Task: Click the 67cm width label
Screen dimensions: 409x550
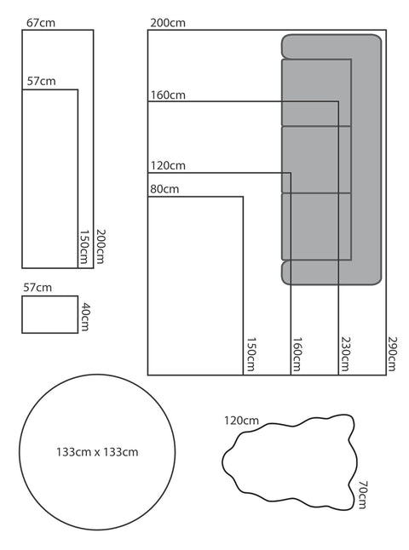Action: [x=41, y=23]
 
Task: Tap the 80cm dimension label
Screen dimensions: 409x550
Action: [x=164, y=189]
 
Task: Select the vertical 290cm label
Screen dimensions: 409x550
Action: [x=392, y=353]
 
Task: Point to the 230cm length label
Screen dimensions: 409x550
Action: [x=345, y=353]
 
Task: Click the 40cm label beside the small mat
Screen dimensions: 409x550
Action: [x=85, y=317]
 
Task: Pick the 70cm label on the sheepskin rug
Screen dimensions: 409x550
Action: [x=363, y=495]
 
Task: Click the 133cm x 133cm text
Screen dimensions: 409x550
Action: [x=97, y=452]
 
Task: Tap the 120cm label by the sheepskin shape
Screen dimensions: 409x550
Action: [x=241, y=421]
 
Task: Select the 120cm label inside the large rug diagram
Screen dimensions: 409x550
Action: [x=168, y=165]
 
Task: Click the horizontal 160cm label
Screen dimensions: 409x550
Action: [x=168, y=95]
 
